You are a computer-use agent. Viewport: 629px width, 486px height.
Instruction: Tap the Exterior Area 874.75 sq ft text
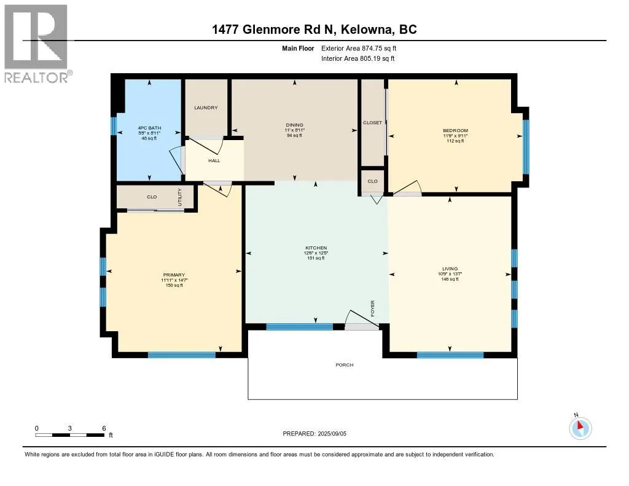click(x=363, y=48)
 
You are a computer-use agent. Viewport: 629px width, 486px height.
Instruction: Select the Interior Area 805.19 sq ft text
click(x=358, y=58)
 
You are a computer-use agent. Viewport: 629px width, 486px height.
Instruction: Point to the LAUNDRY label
click(x=206, y=108)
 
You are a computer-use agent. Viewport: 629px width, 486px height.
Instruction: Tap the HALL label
click(x=214, y=161)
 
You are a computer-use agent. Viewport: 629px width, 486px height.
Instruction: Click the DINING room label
click(x=294, y=125)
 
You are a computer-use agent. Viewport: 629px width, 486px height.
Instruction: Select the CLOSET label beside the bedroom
click(x=372, y=123)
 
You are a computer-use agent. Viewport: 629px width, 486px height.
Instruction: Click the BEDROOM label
click(x=455, y=130)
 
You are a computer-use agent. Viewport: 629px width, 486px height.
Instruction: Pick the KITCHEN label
click(x=316, y=248)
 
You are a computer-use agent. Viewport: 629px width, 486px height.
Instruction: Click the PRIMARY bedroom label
click(x=174, y=275)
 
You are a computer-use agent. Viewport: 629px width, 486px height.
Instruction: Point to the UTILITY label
click(x=180, y=196)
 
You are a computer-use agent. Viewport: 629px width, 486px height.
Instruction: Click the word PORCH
click(x=344, y=365)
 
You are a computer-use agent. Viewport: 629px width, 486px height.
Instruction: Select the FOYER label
click(x=372, y=308)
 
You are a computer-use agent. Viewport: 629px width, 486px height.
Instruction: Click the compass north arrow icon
click(x=580, y=428)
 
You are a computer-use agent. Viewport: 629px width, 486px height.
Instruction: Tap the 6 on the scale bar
click(x=104, y=428)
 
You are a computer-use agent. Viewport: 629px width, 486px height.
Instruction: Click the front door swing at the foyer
click(x=358, y=319)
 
